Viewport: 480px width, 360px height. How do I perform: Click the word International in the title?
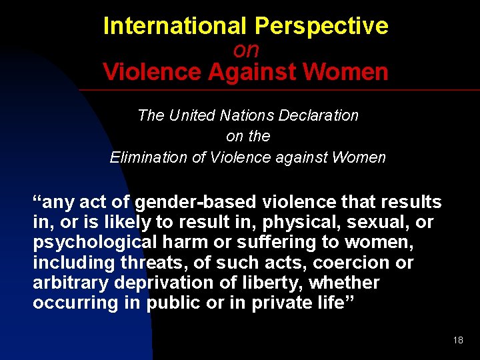[175, 27]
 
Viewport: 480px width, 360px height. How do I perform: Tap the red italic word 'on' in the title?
[246, 50]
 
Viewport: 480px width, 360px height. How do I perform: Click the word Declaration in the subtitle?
[322, 115]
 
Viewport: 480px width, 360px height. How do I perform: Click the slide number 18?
[457, 340]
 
